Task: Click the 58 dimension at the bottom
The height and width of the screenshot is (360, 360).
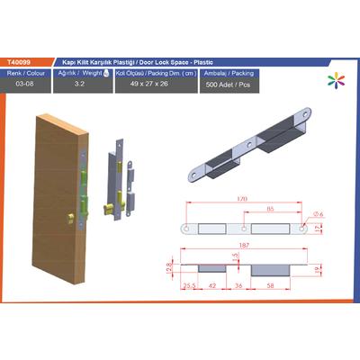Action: (x=273, y=284)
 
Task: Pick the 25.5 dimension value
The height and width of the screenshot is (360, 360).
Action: (x=190, y=284)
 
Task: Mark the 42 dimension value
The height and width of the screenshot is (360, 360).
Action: (x=212, y=284)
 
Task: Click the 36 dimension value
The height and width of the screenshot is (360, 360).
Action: (x=239, y=284)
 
